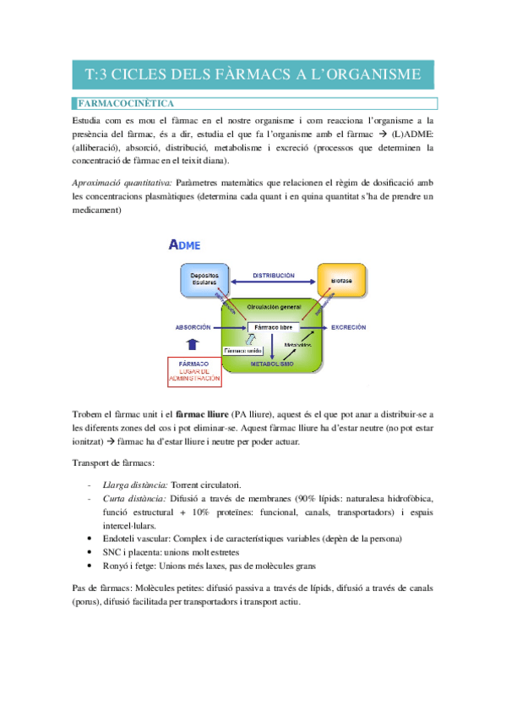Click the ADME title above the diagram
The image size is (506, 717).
tap(184, 245)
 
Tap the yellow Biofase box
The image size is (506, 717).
tap(341, 280)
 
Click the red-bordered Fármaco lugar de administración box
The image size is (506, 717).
tap(196, 372)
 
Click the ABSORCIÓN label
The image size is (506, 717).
tap(193, 326)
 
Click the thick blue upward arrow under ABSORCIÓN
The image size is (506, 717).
tap(193, 343)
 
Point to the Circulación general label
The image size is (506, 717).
tap(272, 306)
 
